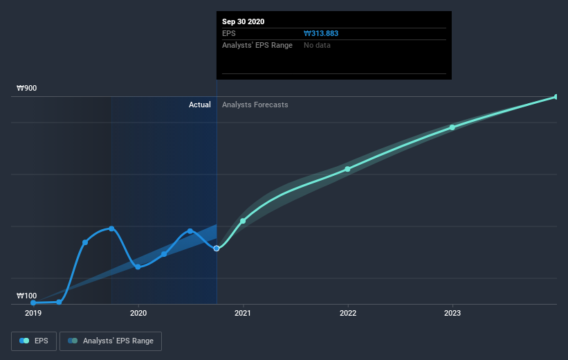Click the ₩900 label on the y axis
[x=27, y=89]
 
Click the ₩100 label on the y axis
[x=27, y=296]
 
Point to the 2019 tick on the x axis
[x=33, y=313]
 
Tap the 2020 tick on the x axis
[x=138, y=313]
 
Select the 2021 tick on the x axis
[x=243, y=313]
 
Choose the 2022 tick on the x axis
[x=347, y=313]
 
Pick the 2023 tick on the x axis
[x=452, y=313]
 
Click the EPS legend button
[x=34, y=341]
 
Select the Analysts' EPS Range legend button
[x=111, y=341]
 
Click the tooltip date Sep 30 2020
[x=244, y=21]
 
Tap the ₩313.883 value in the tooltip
[x=321, y=33]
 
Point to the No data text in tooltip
[x=317, y=45]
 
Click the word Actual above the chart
[x=200, y=105]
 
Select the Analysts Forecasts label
[x=255, y=105]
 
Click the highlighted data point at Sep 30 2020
[x=217, y=248]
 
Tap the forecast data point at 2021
[x=243, y=221]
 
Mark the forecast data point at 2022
[x=347, y=169]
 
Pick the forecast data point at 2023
[x=452, y=127]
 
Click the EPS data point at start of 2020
[x=138, y=267]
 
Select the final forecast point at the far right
[x=556, y=97]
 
